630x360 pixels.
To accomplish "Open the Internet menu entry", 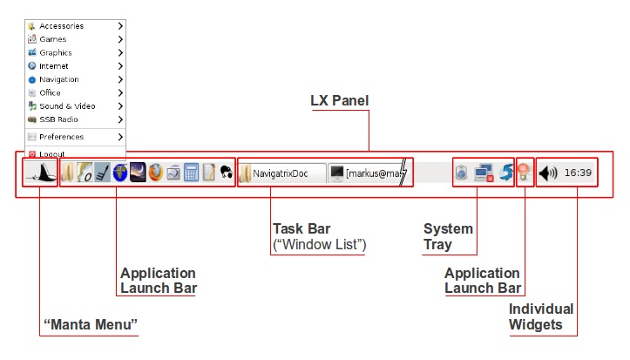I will coord(54,66).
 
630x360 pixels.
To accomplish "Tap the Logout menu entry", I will coord(51,154).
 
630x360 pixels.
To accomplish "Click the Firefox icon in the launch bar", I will coord(155,173).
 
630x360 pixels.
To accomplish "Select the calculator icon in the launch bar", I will coord(192,173).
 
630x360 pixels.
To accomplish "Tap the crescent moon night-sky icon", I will coord(138,173).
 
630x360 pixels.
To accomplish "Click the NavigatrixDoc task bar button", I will coord(281,173).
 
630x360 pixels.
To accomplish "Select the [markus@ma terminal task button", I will coord(368,173).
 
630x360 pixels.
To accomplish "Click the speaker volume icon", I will coord(547,173).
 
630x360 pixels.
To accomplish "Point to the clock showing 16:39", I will coord(578,173).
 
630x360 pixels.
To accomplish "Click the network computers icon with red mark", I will coord(484,173).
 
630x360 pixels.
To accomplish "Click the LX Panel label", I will coord(340,101).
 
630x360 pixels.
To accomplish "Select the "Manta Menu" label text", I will coord(91,326).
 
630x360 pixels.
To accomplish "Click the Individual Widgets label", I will coord(541,316).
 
